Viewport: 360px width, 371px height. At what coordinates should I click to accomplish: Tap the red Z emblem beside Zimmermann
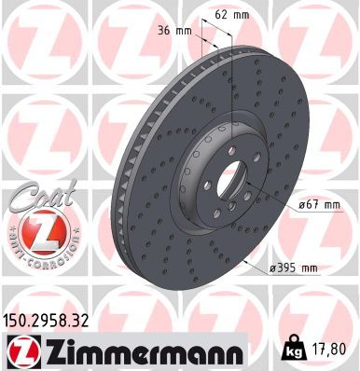click(x=22, y=350)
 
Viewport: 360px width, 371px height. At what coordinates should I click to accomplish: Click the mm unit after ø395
click(x=309, y=269)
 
